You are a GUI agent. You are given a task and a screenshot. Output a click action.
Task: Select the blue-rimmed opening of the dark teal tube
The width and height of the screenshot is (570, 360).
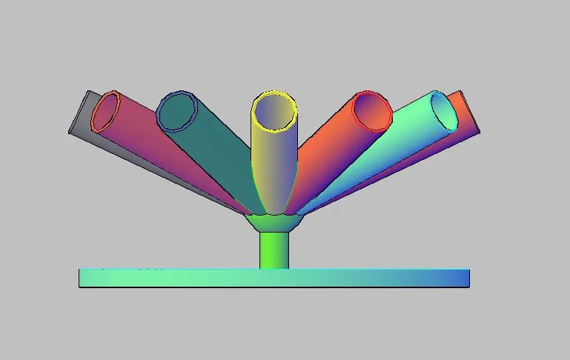click(176, 112)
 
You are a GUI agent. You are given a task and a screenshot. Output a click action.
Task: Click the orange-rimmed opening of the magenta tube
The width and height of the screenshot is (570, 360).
click(106, 113)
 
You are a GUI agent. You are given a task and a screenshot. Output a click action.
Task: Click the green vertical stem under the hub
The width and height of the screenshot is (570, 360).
click(274, 250)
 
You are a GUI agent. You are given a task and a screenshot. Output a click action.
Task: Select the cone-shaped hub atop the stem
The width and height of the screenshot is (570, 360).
click(274, 223)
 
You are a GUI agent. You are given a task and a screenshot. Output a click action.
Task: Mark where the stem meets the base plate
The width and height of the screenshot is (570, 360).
click(274, 269)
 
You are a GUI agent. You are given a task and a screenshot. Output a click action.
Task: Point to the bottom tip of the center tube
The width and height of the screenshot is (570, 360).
click(274, 212)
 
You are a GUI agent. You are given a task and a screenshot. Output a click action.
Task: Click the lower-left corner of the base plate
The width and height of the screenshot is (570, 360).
click(80, 286)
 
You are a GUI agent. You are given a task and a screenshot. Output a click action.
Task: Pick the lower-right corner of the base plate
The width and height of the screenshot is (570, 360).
click(468, 286)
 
